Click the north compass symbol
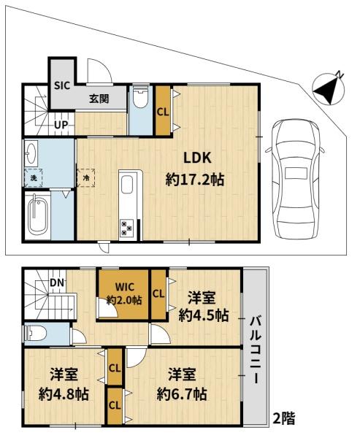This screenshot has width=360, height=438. coord(329,89)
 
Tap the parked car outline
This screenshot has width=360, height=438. coord(296,179)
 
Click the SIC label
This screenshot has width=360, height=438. coord(62,85)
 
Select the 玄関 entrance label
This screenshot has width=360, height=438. coord(99,99)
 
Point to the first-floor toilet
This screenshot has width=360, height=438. coord(140,97)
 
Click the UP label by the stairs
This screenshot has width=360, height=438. coord(61,125)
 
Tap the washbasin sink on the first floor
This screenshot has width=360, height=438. coord(31,153)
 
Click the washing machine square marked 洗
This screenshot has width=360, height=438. coord(34,178)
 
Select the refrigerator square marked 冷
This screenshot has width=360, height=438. coord(86,177)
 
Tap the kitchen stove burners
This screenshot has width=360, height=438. coord(126,228)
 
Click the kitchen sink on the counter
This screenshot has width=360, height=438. coord(126,185)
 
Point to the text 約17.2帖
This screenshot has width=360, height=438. coord(195,180)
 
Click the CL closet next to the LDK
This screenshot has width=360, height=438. coord(163,111)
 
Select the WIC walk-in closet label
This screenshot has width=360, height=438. coord(125,287)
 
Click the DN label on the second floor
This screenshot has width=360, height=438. coord(57,283)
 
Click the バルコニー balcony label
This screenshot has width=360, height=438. coord(256,350)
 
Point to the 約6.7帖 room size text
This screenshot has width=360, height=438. coord(182,394)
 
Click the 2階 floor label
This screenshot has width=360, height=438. coord(283,418)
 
